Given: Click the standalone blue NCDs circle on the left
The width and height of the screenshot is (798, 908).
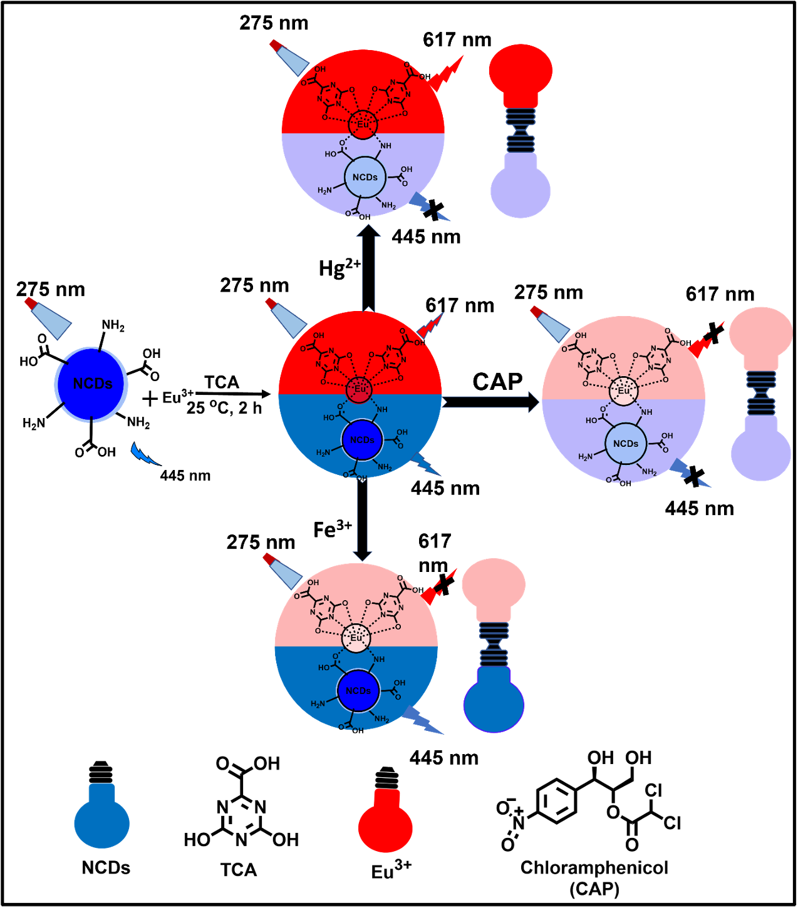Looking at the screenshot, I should tap(91, 384).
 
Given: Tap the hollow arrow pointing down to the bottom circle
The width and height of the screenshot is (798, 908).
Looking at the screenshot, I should tap(362, 519).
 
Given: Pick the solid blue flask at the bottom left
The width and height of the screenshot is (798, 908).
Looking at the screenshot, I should tap(101, 819).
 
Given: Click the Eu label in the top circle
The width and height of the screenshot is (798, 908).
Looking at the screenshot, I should tap(363, 125).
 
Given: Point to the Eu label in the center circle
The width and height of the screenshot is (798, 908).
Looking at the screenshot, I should tap(360, 389).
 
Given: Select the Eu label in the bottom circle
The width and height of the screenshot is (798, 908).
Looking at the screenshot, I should tap(356, 638).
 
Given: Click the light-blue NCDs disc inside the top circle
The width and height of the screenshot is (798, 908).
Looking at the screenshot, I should tap(365, 177).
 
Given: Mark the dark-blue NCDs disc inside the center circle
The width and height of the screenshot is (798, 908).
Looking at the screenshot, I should tap(361, 440).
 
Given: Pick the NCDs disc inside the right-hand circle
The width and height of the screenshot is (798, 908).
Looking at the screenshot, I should tap(625, 444).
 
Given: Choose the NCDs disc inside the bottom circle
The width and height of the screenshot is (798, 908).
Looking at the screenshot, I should tap(358, 691).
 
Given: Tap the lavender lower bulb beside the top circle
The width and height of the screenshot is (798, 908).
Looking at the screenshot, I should tap(521, 188).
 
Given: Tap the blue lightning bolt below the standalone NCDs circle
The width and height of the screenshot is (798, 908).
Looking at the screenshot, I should tap(144, 455).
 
